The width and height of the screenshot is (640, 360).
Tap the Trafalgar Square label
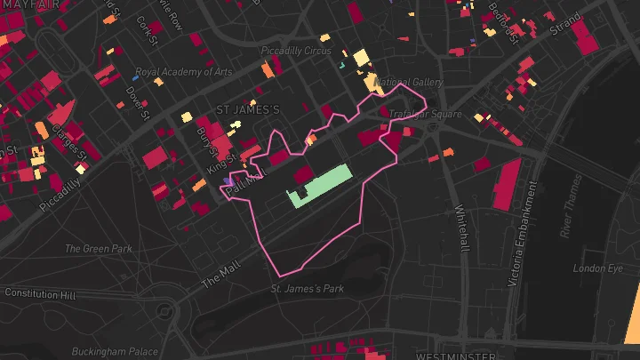pos(426,115)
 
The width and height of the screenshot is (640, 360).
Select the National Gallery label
pos(410,83)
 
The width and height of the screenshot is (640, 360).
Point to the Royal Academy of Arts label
pos(183,72)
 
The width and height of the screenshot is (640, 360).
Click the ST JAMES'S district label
pos(248,109)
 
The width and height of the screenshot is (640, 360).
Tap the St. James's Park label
pos(307,289)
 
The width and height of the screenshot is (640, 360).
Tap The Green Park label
pos(98,249)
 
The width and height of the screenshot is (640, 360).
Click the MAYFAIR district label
pos(30,5)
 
